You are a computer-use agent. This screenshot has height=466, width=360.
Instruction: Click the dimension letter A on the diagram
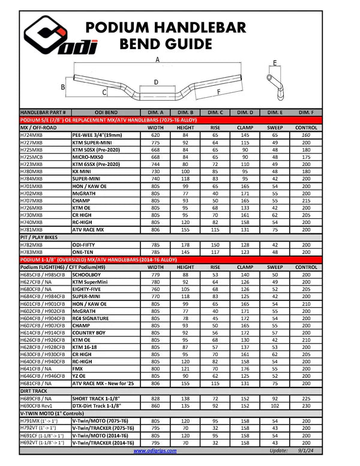coord(157,60)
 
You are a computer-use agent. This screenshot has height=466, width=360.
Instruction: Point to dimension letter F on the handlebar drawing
coord(218,91)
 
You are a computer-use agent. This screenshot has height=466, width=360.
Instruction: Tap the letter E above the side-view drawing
coord(274,63)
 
